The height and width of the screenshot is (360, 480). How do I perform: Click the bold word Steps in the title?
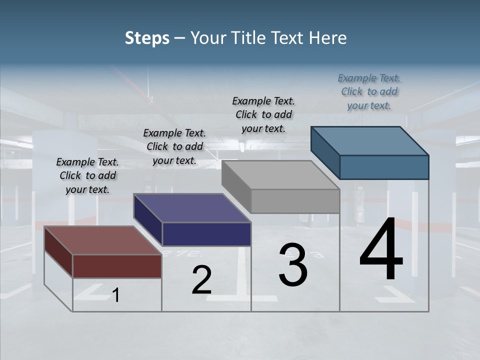(147, 38)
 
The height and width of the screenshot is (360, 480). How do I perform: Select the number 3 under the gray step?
(293, 264)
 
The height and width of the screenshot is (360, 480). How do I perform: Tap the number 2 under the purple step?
(201, 279)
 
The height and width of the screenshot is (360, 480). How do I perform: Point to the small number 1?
(116, 295)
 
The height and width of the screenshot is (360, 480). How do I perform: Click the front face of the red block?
(117, 266)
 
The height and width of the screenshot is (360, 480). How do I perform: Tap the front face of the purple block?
(206, 234)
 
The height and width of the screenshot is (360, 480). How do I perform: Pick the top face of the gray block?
(280, 174)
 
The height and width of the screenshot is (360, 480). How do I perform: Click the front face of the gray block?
(295, 201)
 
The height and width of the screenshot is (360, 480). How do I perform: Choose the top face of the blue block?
(370, 140)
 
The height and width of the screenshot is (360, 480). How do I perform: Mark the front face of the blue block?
(384, 167)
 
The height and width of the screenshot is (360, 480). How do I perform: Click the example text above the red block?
(87, 175)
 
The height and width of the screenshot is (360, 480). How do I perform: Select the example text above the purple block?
(174, 146)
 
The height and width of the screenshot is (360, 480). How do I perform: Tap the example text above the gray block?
(263, 114)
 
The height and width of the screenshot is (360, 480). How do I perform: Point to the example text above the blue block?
(369, 91)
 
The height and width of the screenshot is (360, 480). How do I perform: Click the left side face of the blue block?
(325, 152)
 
